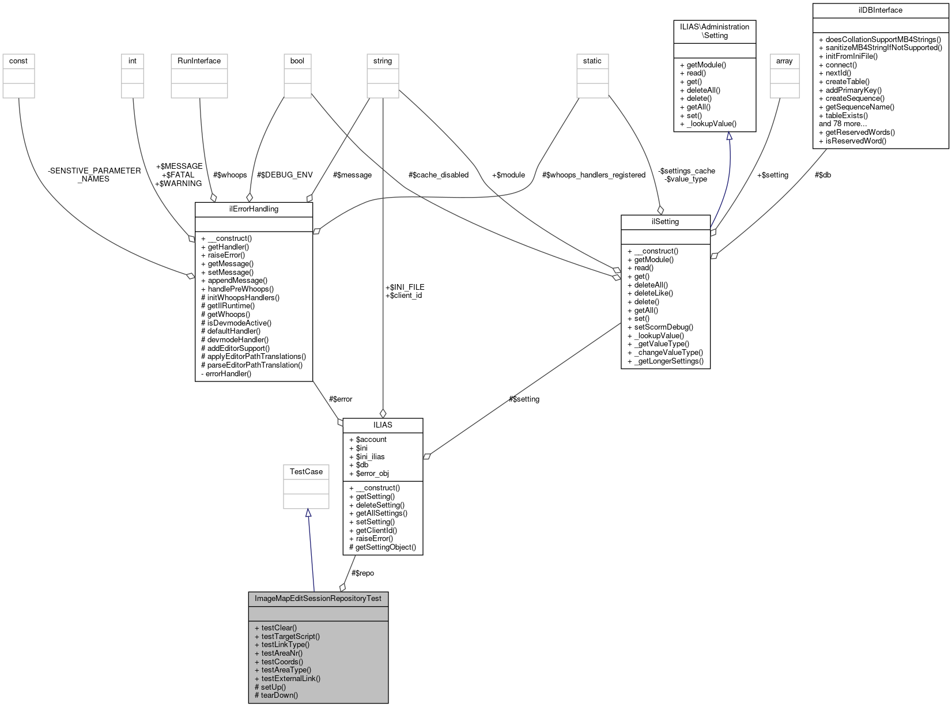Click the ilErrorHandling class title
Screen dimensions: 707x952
254,209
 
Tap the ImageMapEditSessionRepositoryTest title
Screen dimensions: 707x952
318,598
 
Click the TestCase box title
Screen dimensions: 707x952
306,471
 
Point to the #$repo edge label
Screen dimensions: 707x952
362,573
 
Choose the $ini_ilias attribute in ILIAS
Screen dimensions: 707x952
370,456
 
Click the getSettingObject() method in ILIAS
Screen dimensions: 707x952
386,547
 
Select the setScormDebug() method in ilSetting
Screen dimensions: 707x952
663,327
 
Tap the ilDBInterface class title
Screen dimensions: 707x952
880,10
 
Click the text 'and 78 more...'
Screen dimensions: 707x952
843,123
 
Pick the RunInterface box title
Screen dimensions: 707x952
199,61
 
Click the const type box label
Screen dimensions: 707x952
18,61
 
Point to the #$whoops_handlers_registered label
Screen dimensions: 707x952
594,175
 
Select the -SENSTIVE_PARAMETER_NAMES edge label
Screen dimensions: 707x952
94,175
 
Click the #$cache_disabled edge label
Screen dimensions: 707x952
438,175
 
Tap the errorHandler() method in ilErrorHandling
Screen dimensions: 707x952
228,373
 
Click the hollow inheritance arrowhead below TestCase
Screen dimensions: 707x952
308,513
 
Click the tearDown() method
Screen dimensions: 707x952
279,695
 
